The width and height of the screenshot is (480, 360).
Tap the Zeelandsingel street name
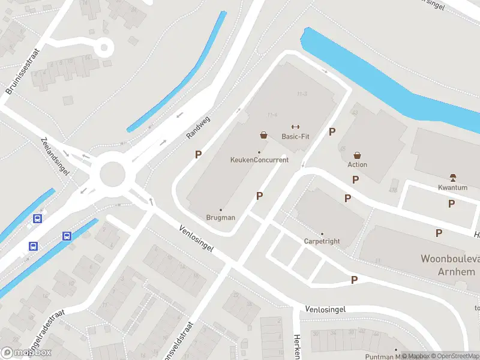pyautogui.click(x=55, y=156)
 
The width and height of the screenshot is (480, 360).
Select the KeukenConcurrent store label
pyautogui.click(x=259, y=160)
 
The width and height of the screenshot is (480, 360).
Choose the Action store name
pyautogui.click(x=357, y=164)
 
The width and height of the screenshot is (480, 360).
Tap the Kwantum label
pyautogui.click(x=452, y=188)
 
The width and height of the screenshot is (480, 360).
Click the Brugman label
pyautogui.click(x=220, y=217)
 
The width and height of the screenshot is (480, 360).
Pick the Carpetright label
pyautogui.click(x=322, y=241)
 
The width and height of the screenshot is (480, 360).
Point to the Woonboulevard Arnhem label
pyautogui.click(x=449, y=265)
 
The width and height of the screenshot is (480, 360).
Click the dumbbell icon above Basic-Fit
pyautogui.click(x=295, y=127)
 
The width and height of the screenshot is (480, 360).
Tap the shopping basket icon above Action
pyautogui.click(x=357, y=155)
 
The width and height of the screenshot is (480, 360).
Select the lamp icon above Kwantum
pyautogui.click(x=452, y=178)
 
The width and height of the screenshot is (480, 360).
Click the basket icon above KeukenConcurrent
pyautogui.click(x=263, y=135)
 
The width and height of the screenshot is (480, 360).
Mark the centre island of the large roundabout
pyautogui.click(x=113, y=175)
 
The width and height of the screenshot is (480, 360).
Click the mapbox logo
pyautogui.click(x=26, y=353)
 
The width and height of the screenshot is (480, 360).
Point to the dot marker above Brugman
pyautogui.click(x=220, y=210)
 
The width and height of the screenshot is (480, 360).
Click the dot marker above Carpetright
pyautogui.click(x=322, y=234)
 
